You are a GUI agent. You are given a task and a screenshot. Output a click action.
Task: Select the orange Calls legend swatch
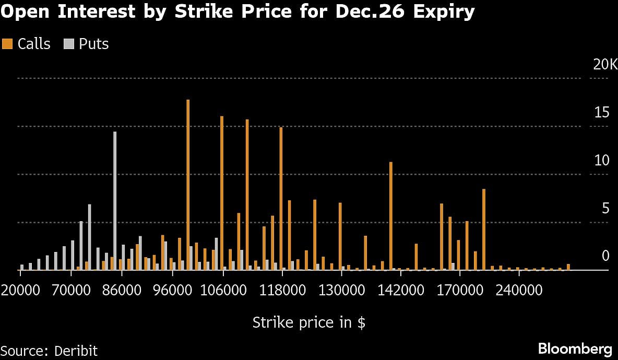(x=7, y=44)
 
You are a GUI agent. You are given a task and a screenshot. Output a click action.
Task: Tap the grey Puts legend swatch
(x=69, y=44)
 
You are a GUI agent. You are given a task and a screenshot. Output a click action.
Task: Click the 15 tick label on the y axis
(x=602, y=113)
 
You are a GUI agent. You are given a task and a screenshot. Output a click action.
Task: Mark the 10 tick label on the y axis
(x=602, y=161)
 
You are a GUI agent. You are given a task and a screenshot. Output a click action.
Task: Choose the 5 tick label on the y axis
(x=605, y=209)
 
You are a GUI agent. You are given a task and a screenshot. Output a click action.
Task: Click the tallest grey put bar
(x=115, y=201)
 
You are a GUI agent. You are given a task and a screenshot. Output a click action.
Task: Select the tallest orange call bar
(x=188, y=185)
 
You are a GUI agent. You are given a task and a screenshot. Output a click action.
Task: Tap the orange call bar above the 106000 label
(x=222, y=193)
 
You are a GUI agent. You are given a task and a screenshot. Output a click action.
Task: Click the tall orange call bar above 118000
(x=281, y=198)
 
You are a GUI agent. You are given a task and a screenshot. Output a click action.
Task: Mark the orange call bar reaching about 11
(x=390, y=216)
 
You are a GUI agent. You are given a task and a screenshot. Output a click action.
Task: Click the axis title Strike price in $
(x=308, y=322)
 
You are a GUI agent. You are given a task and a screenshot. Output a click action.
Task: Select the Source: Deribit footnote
(x=49, y=350)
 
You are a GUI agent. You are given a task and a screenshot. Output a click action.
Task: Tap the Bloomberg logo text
(x=575, y=349)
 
